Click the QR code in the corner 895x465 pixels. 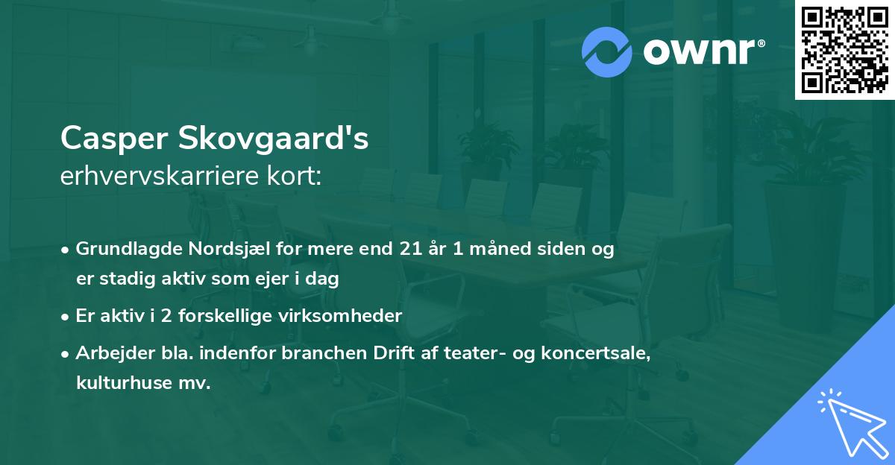point(844,49)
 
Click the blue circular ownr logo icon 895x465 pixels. point(606,51)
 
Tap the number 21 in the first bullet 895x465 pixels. point(409,250)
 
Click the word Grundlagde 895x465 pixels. point(120,250)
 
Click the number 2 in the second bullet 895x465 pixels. point(166,316)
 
